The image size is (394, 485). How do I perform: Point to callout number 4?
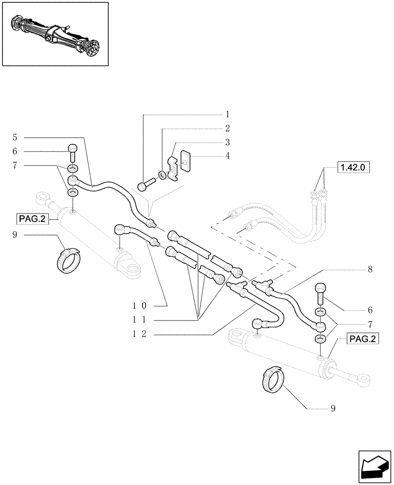(x=227, y=156)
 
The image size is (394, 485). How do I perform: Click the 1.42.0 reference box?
(x=352, y=168)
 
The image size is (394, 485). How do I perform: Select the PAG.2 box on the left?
(x=32, y=219)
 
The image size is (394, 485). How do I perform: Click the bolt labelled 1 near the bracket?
(x=146, y=185)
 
